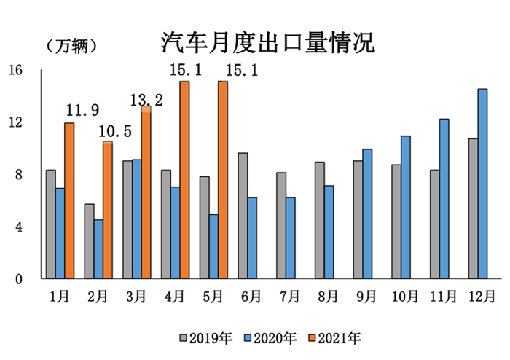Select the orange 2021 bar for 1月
point(69,200)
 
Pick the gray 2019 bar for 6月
point(243,216)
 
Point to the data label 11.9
point(83,111)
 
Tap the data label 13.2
point(146,100)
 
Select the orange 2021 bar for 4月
point(184,180)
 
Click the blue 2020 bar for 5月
point(213,246)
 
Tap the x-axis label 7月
point(289,297)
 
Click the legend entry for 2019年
point(206,337)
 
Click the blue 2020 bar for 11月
point(444,198)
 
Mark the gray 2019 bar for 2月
point(89,241)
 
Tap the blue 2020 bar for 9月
point(367,214)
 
